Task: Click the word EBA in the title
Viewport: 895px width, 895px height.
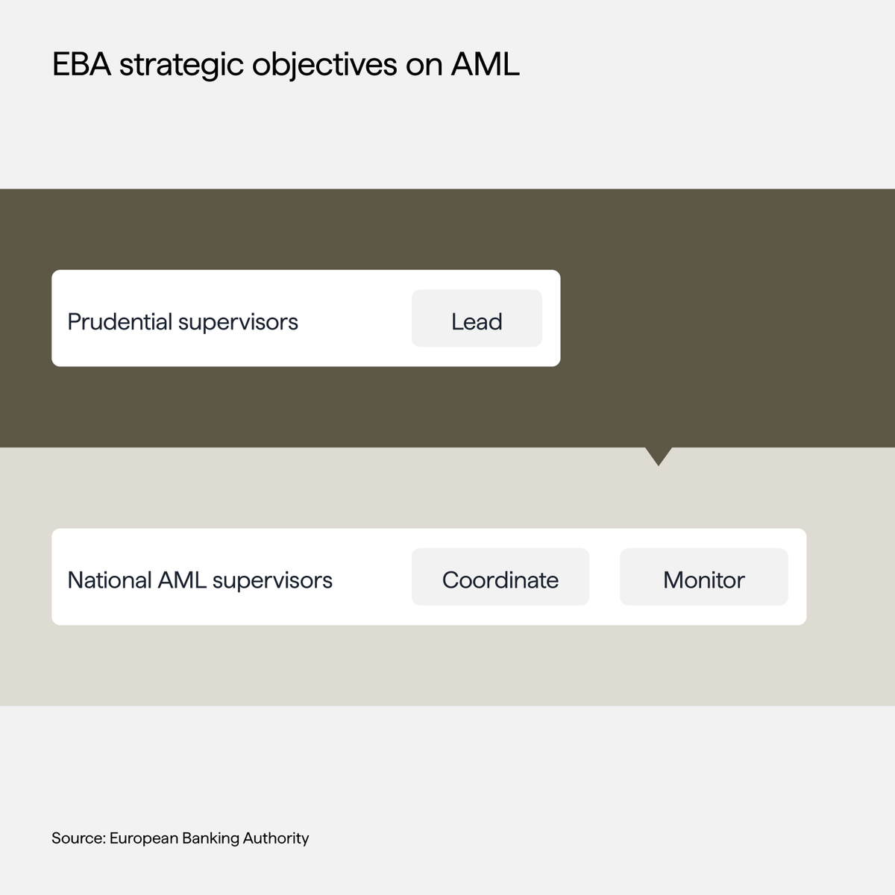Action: tap(81, 65)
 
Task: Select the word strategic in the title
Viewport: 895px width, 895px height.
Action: tap(182, 65)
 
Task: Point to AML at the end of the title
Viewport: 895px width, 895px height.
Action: tap(485, 65)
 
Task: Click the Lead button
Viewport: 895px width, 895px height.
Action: tap(477, 321)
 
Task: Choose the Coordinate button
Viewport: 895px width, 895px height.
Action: tap(500, 580)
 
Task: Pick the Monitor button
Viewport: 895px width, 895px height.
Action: tap(703, 580)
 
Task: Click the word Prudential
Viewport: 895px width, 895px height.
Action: tap(119, 321)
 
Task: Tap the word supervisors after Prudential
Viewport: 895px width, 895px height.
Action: tap(238, 321)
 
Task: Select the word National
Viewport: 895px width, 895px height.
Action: tap(109, 580)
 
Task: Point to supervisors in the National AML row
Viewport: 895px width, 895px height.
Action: tap(272, 580)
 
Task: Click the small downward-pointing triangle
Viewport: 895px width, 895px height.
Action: tap(659, 454)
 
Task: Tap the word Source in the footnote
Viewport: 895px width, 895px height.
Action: tap(78, 838)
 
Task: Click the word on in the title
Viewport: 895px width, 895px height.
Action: tap(424, 65)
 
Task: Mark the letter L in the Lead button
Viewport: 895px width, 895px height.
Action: tap(456, 321)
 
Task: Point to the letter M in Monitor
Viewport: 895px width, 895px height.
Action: tap(673, 580)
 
